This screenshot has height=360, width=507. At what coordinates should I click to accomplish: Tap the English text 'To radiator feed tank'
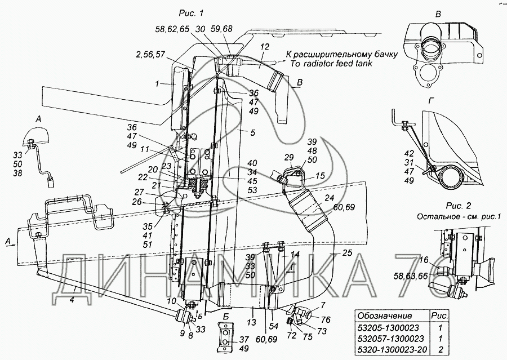331,64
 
